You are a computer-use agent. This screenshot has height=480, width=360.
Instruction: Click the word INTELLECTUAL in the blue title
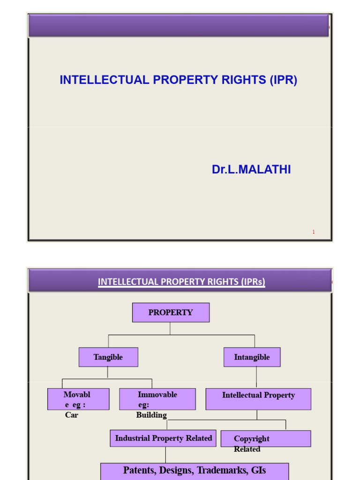tap(97, 80)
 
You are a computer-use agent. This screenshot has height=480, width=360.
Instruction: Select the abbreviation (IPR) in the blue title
tap(283, 80)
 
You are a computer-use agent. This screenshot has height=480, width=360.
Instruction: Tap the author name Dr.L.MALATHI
tap(251, 170)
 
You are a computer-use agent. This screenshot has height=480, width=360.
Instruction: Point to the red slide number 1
tap(314, 232)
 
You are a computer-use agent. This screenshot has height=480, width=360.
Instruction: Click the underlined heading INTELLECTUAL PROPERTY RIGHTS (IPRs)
tap(181, 282)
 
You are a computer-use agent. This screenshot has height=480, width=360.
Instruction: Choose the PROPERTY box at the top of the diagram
tap(171, 313)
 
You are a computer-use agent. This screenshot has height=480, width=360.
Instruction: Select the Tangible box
tap(108, 357)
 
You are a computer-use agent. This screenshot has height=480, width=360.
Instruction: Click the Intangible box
tap(252, 357)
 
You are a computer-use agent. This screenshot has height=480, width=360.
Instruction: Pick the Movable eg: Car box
tap(78, 399)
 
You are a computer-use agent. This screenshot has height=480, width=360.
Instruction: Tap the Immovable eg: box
tap(157, 399)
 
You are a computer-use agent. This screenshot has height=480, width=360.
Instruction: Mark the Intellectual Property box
tap(258, 399)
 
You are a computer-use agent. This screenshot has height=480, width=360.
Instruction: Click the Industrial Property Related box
tap(163, 438)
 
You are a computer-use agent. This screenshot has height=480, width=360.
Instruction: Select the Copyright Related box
tap(265, 439)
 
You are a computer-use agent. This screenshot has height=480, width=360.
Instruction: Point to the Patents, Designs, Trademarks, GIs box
tap(195, 471)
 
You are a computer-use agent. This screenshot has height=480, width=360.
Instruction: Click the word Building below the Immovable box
tap(151, 415)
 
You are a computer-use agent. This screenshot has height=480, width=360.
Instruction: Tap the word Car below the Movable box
tap(72, 415)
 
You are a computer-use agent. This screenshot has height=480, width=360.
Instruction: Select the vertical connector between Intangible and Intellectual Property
tap(256, 377)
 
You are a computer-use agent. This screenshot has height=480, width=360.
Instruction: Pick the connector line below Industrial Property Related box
tap(165, 455)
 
